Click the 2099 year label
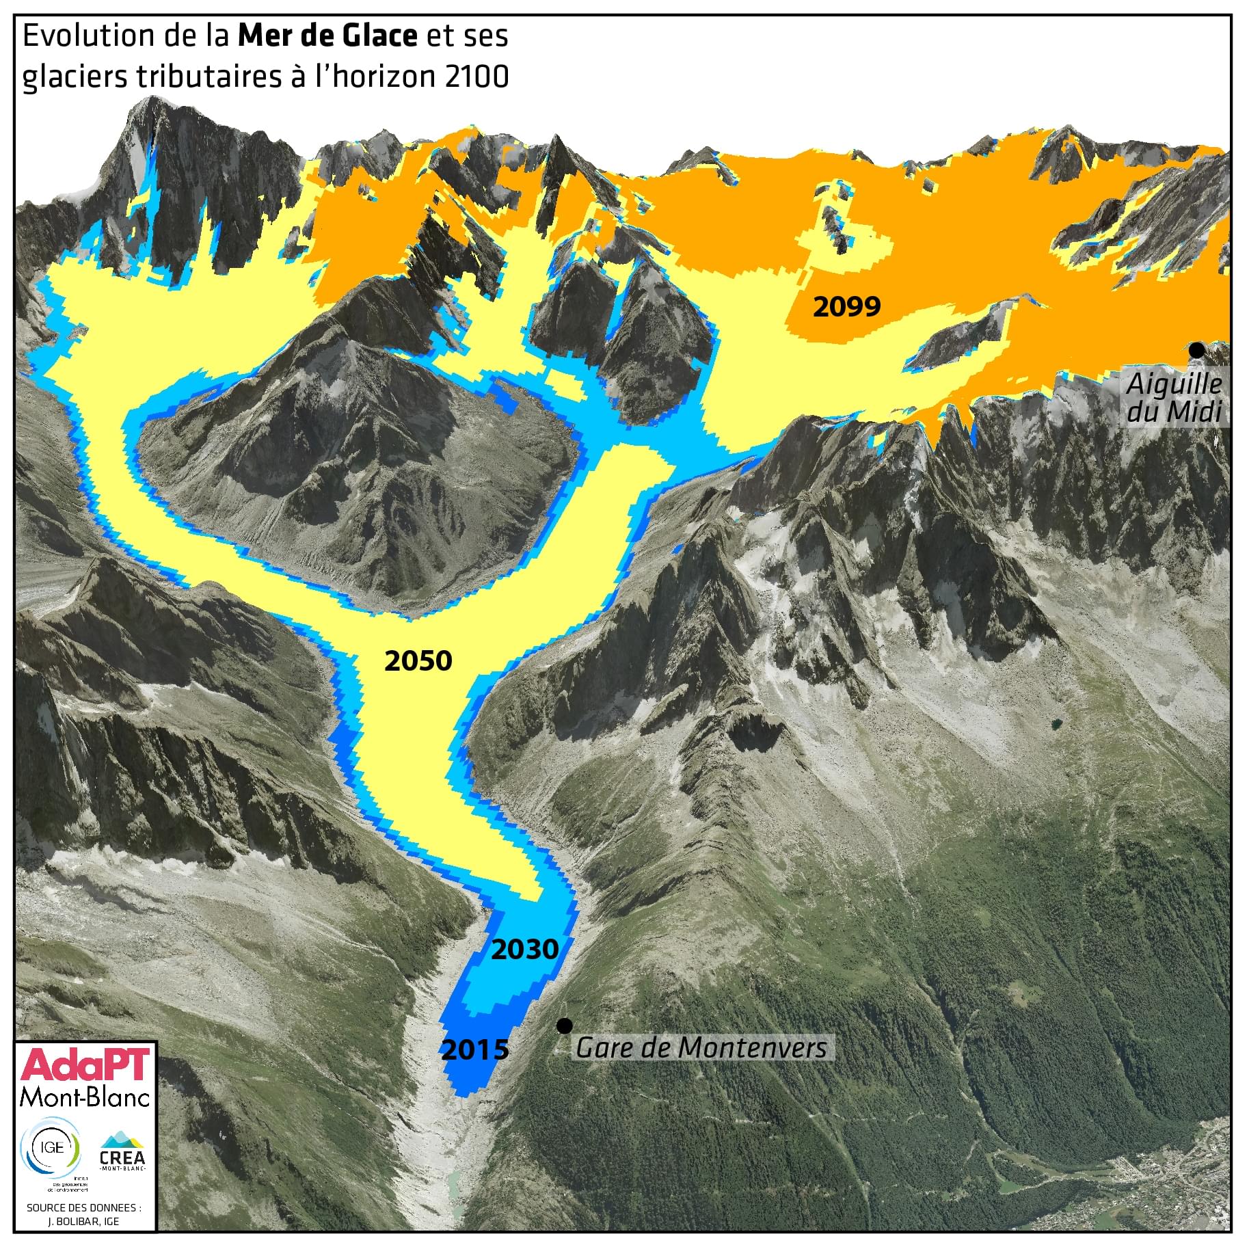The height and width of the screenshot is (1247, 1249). (846, 307)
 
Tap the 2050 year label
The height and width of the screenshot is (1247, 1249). (418, 661)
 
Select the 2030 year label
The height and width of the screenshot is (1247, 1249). (524, 950)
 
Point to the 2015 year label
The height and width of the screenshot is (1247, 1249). (475, 1049)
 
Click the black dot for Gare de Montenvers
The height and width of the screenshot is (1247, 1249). (564, 1025)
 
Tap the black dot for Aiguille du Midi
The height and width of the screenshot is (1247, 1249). (1196, 350)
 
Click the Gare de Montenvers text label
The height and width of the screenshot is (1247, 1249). (701, 1047)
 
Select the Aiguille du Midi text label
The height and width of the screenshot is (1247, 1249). (1174, 398)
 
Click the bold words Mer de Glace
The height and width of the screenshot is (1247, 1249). (327, 36)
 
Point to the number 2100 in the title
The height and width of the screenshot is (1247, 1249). (476, 77)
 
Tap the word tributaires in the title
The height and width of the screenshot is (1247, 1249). (209, 77)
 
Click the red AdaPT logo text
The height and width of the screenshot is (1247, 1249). (85, 1065)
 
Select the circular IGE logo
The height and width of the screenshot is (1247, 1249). (52, 1148)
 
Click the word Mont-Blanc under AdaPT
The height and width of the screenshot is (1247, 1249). (85, 1097)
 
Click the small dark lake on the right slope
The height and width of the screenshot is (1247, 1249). (1057, 723)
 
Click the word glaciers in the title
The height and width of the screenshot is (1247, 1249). (75, 77)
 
